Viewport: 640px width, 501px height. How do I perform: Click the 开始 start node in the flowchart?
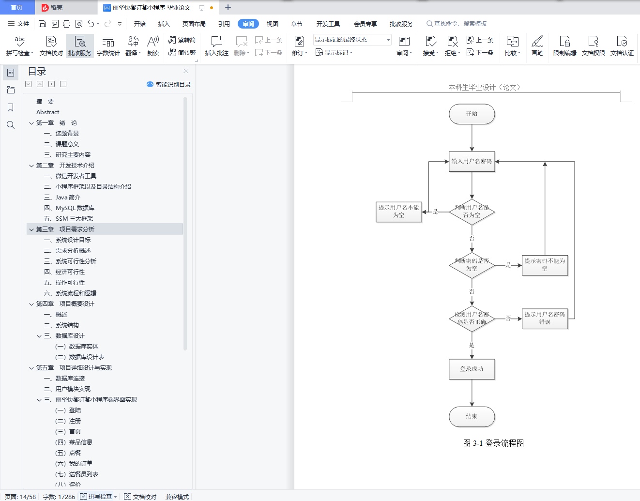point(472,114)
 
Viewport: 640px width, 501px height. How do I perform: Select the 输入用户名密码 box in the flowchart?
point(472,162)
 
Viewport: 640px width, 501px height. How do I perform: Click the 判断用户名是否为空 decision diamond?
point(472,212)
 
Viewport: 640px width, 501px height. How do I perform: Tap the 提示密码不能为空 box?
point(545,265)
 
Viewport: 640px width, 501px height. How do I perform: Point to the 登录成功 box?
point(472,369)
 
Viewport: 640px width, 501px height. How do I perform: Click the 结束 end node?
point(472,416)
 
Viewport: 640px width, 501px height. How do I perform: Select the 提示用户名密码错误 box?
point(545,319)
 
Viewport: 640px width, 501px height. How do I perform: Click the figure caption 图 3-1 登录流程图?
point(493,443)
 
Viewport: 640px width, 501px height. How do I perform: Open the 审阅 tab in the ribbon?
point(248,24)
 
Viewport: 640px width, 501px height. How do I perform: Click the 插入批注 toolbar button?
point(216,46)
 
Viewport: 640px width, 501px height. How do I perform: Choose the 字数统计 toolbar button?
point(108,46)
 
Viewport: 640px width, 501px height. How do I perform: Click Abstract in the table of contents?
point(47,112)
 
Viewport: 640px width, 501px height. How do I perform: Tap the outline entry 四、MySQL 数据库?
point(75,208)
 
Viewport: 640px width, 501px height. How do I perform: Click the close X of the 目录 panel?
point(185,71)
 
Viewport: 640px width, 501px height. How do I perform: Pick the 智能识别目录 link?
point(169,84)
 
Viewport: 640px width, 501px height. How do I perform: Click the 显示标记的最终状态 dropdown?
point(352,40)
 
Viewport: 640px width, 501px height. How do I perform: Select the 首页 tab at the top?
point(16,7)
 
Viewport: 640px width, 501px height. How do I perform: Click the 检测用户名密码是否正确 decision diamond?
point(472,318)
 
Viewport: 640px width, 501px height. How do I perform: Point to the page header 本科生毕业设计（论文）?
point(484,87)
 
